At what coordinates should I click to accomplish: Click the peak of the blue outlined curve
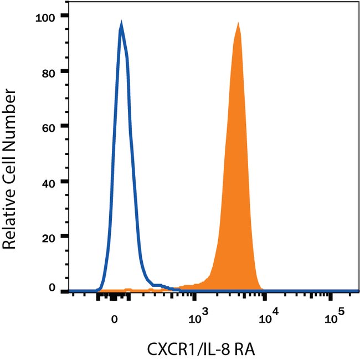pyautogui.click(x=121, y=23)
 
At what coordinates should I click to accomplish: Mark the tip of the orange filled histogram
pyautogui.click(x=238, y=23)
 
